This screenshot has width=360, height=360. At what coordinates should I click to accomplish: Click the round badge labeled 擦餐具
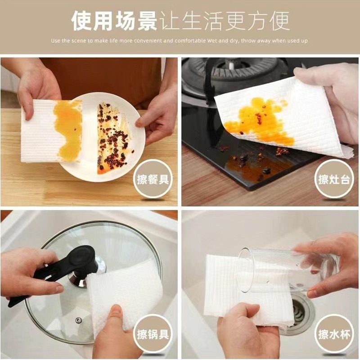153,179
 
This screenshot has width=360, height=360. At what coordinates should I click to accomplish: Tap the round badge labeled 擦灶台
334,179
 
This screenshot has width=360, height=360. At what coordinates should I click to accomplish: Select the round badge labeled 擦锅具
153,334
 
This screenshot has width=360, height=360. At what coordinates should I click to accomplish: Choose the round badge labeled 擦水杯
334,334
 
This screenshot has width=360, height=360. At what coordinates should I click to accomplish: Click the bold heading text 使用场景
114,21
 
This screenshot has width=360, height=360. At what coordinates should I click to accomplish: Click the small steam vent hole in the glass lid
79,320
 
